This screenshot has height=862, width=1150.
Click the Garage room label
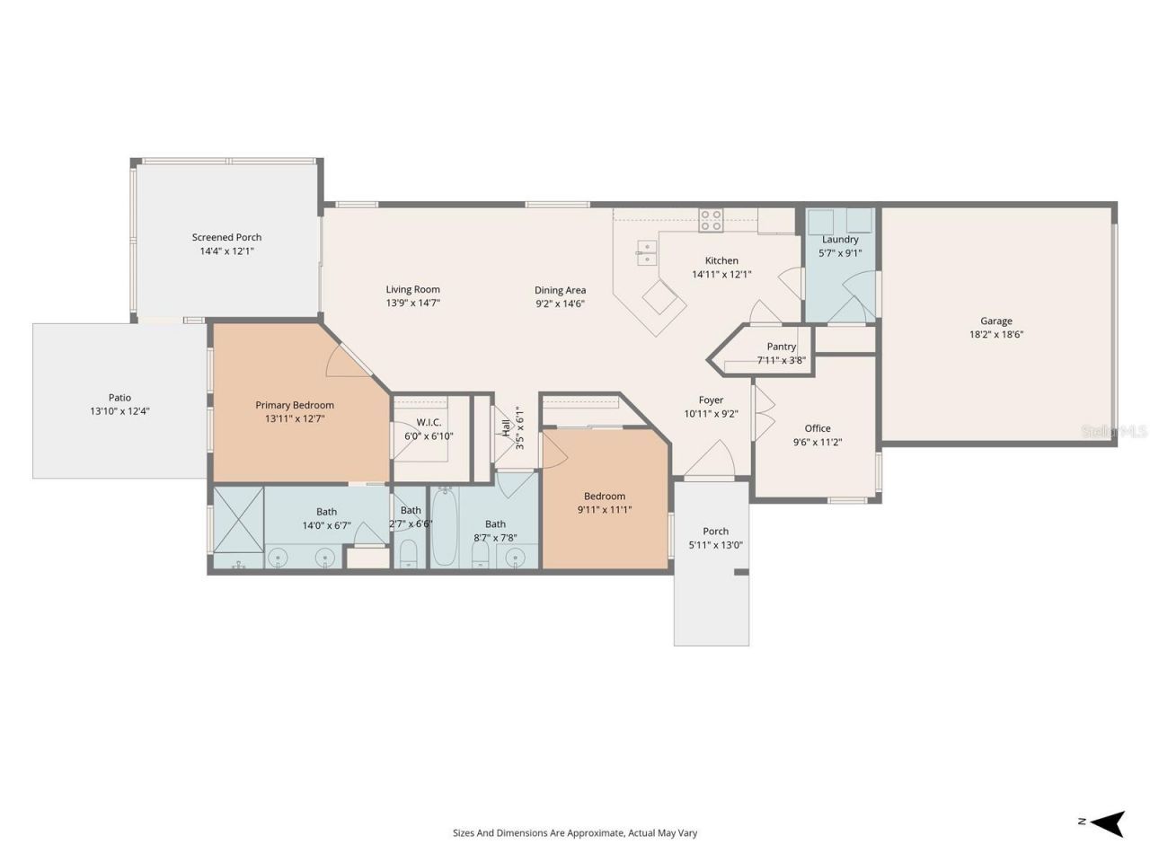click(x=995, y=321)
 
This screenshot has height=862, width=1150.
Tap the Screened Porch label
click(x=226, y=237)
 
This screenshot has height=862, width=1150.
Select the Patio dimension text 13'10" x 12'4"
click(x=119, y=411)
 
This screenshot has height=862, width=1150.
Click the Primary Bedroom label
click(x=295, y=405)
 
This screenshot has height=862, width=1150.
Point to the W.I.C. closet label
click(x=429, y=422)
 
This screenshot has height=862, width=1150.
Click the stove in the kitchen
click(x=711, y=220)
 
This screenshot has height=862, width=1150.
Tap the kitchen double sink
click(x=646, y=251)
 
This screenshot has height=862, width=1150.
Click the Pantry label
click(x=781, y=347)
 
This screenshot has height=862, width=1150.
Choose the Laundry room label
click(x=840, y=240)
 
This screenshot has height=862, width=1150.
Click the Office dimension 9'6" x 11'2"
click(x=817, y=442)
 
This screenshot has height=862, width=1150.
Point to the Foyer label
click(x=711, y=400)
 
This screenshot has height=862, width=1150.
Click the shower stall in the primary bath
click(x=237, y=520)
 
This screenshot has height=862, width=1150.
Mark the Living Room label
click(x=412, y=289)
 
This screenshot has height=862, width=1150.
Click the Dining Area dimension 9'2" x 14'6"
click(x=560, y=303)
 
